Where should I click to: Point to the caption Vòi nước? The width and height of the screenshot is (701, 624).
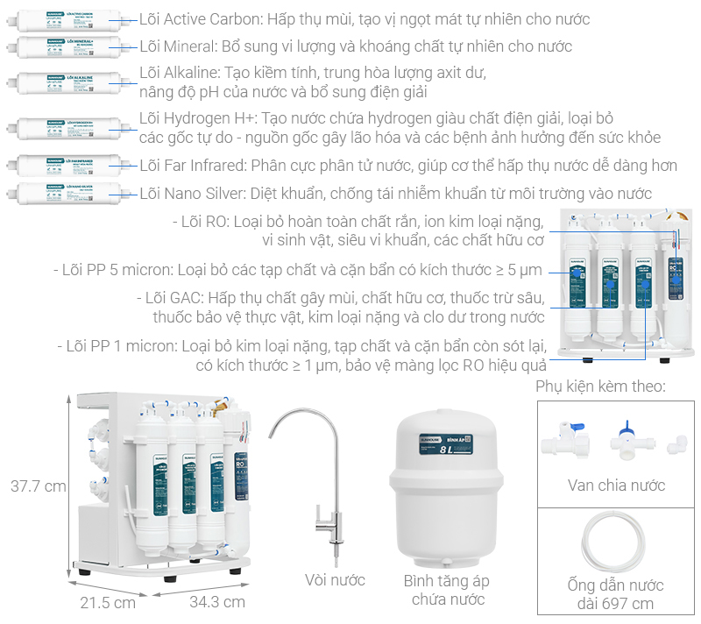click(335, 579)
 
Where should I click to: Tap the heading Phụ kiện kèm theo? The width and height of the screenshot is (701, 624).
click(599, 386)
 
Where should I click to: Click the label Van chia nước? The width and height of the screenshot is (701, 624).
click(616, 485)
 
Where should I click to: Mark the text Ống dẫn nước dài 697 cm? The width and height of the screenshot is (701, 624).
click(616, 594)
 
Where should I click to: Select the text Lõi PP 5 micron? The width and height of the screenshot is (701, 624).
click(113, 269)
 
